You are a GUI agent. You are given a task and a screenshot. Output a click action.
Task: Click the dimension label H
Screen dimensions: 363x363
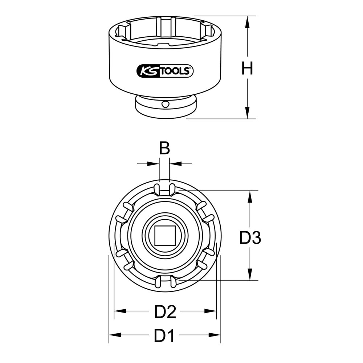coord(247,68)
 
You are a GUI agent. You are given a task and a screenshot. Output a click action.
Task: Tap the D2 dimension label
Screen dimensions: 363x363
coord(165,311)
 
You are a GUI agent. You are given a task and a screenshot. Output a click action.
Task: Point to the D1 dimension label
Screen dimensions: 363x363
coord(164,335)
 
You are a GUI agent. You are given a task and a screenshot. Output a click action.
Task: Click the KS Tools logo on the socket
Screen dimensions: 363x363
coord(165,71)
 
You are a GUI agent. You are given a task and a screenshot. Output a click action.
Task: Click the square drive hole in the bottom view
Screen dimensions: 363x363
coord(165,236)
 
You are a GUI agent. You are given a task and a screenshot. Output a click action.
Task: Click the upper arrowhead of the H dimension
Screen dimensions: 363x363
coord(248,22)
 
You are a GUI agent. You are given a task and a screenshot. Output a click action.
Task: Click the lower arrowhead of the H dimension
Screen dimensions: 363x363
coord(248,113)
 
